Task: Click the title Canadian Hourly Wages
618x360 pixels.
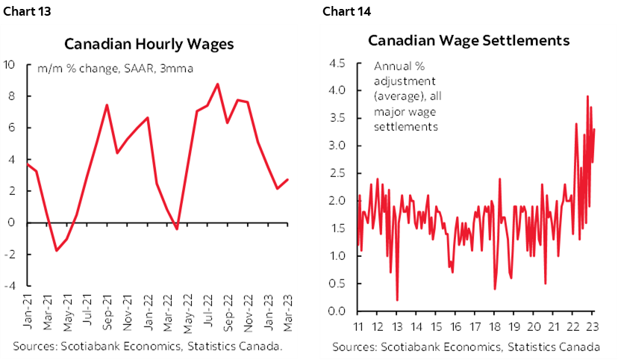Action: (149, 43)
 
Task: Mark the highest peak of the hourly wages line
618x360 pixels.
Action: (217, 84)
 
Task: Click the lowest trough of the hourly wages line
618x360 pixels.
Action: (56, 250)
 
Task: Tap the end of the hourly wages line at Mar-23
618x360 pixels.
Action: (288, 179)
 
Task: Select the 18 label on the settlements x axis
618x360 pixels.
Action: (495, 326)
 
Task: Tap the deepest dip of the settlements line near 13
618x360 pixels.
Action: (397, 300)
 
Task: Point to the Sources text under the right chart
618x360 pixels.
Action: (466, 347)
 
